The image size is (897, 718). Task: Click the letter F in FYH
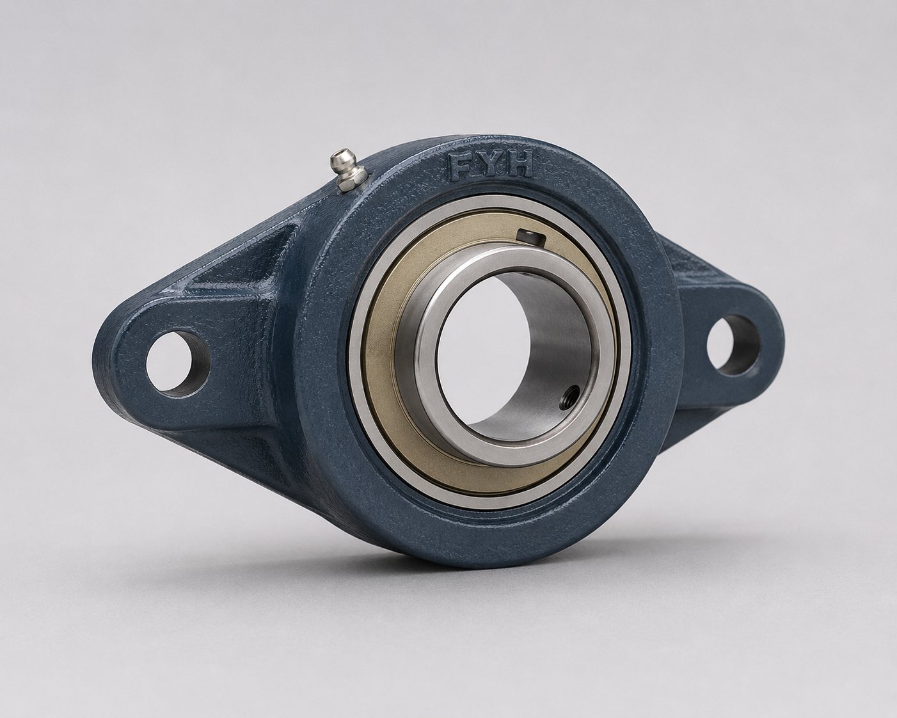click(461, 166)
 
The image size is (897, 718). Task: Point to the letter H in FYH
click(519, 163)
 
